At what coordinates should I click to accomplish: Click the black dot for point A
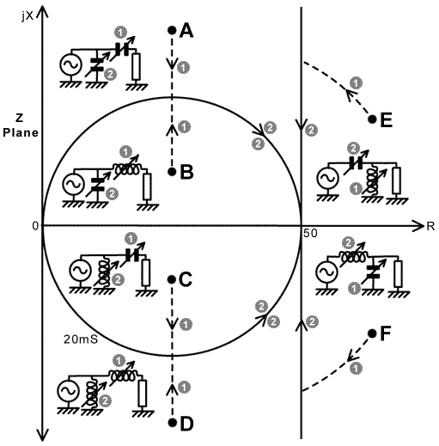tap(172, 30)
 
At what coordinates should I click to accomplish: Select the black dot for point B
tap(172, 172)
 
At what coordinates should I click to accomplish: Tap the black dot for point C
tap(172, 279)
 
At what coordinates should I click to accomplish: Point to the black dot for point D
tap(172, 423)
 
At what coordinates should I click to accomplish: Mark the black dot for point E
tap(372, 119)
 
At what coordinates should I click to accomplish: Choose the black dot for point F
tap(372, 333)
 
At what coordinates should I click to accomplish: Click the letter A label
tap(186, 31)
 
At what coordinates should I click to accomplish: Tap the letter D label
tap(187, 424)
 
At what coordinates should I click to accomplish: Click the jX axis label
tap(27, 16)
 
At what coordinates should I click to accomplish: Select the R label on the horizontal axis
tap(430, 226)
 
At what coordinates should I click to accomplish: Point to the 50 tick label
tap(310, 234)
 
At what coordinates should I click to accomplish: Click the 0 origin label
tap(35, 226)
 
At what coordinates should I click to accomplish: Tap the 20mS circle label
tap(81, 339)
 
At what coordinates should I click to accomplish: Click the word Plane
tap(21, 132)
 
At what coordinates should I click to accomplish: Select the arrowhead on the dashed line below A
tap(172, 64)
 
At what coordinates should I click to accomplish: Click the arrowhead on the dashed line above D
tap(172, 389)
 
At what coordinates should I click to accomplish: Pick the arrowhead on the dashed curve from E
tap(350, 95)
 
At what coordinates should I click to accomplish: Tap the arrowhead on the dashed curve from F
tap(351, 356)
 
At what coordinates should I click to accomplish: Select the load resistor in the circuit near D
tap(143, 393)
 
